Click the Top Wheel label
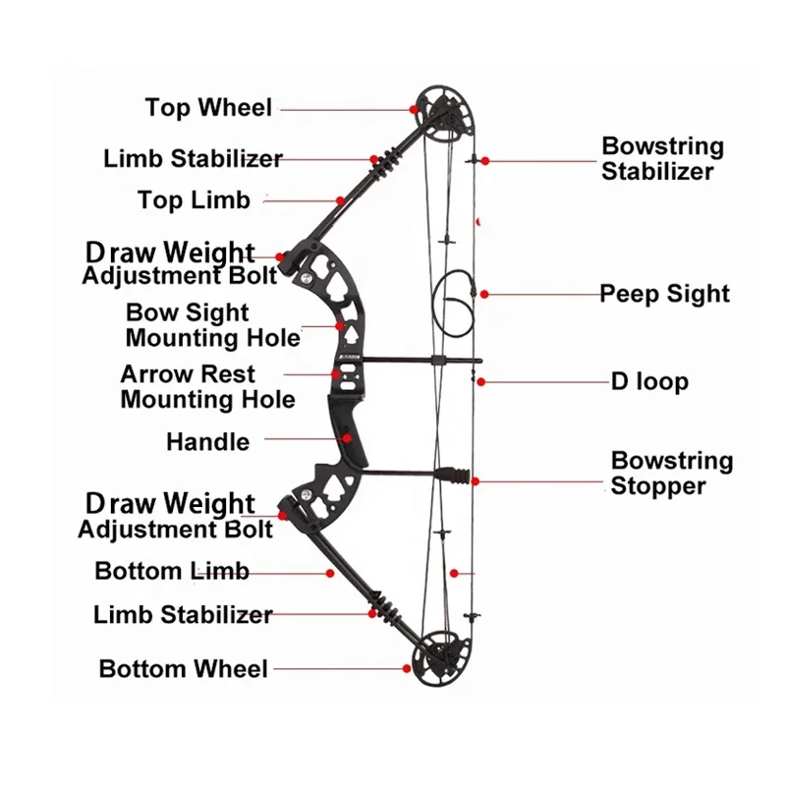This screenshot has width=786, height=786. tap(208, 107)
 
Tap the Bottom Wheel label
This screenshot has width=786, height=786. tap(184, 669)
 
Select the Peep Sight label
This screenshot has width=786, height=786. tap(665, 294)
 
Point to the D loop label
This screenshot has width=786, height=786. tap(649, 381)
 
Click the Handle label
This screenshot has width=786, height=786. tap(207, 442)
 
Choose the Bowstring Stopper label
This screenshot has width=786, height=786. tap(672, 473)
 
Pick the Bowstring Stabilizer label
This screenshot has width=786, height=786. tap(662, 159)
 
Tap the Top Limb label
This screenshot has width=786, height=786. tap(194, 200)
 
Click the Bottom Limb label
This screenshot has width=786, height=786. tap(172, 571)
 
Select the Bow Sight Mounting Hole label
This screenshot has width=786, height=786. tap(213, 326)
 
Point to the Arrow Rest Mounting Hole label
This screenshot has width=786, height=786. tap(207, 387)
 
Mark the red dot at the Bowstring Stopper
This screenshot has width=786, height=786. tap(476, 481)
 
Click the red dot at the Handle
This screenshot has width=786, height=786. tap(347, 439)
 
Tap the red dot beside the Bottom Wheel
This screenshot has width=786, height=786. tap(406, 668)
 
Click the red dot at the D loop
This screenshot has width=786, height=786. tap(481, 381)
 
